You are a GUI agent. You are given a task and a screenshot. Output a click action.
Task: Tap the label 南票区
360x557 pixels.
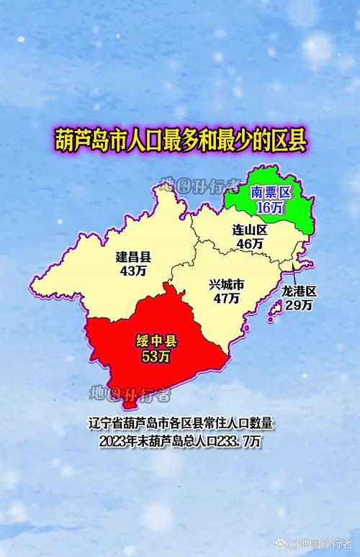269,193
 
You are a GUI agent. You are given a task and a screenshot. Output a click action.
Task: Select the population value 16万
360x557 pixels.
269,207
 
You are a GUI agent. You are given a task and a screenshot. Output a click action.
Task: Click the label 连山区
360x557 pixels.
249,230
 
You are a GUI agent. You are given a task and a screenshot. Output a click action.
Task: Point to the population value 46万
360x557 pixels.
249,245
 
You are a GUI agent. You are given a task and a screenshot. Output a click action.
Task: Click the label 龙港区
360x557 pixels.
299,291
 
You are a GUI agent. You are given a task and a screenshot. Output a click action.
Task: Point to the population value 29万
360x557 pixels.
299,305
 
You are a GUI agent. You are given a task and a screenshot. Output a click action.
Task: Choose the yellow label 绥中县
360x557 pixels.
156,342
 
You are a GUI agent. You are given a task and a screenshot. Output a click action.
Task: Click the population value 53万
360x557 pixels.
156,357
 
